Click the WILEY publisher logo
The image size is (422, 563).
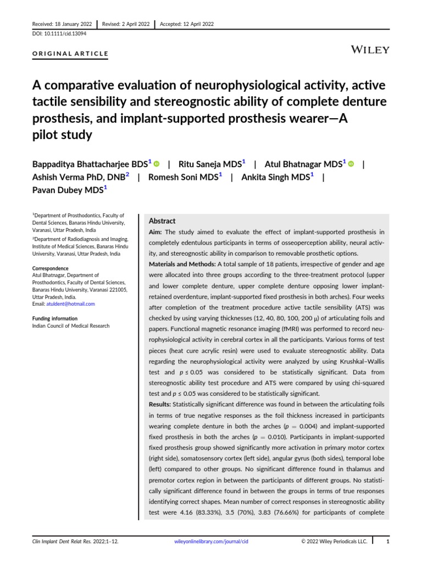370,50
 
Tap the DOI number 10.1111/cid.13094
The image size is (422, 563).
57,34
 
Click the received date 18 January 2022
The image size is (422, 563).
61,24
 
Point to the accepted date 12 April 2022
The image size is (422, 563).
186,24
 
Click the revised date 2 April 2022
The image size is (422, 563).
126,24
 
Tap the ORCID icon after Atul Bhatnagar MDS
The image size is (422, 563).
351,164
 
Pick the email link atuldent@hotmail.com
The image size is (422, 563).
71,304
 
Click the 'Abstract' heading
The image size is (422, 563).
162,220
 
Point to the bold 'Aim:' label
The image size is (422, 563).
156,233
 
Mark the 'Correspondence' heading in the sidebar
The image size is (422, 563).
50,268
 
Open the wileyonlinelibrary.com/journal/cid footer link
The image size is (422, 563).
211,541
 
